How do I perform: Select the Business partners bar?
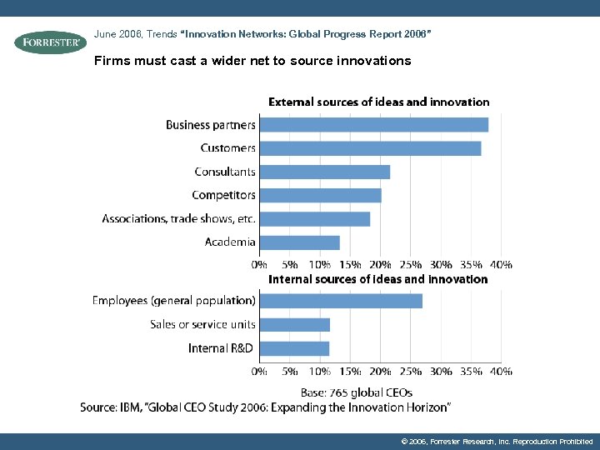(x=373, y=125)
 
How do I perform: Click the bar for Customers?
(x=369, y=148)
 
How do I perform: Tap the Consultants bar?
(x=324, y=172)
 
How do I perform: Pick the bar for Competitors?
(x=320, y=195)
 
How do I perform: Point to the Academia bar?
(x=299, y=242)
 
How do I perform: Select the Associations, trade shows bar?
(x=314, y=219)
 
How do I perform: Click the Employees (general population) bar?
(x=340, y=301)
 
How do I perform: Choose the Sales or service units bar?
(x=294, y=325)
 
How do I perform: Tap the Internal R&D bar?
(x=294, y=348)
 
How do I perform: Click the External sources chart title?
(x=378, y=102)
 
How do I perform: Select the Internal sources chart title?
(x=377, y=279)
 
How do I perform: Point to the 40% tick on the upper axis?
(x=501, y=264)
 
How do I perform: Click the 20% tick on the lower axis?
(x=380, y=371)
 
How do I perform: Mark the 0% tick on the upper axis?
(x=259, y=264)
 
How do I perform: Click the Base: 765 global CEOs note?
(x=356, y=392)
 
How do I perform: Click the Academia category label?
(x=230, y=242)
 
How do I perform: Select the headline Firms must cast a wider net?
(x=252, y=61)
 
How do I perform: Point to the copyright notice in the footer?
(x=497, y=441)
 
